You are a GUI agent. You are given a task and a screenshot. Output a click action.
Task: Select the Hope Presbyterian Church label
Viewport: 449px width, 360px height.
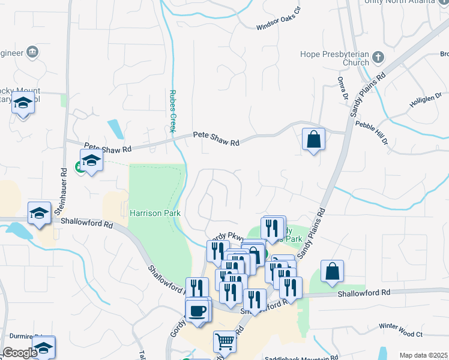coord(334,58)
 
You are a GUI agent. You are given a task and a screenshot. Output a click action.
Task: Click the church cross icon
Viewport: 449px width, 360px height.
coord(378,58)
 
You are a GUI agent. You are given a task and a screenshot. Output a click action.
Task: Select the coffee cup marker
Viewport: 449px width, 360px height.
coord(197,310)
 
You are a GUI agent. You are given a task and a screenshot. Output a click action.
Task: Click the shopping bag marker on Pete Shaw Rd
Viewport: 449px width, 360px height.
coord(313,139)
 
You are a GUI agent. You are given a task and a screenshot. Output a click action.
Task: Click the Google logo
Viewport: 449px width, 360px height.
coord(20,353)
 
